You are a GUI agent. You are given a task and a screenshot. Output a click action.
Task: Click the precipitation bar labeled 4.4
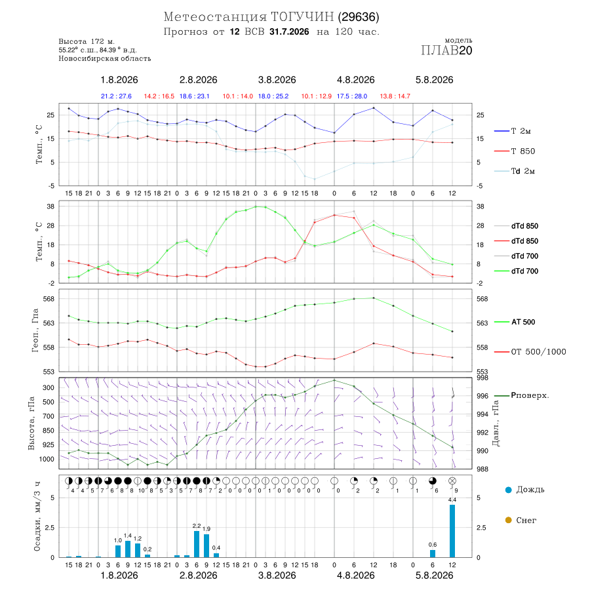[452, 531]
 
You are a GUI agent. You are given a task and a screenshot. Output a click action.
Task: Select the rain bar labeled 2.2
[197, 544]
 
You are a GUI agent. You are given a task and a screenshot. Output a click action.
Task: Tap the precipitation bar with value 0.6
[433, 553]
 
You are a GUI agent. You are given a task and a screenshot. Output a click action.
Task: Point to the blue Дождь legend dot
[508, 490]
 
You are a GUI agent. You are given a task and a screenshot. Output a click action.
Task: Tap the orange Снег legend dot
[508, 520]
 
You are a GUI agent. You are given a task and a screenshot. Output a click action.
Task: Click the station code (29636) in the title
[358, 17]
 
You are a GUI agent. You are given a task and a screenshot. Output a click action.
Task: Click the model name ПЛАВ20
[446, 50]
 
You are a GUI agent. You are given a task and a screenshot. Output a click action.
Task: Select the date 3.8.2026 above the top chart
[277, 80]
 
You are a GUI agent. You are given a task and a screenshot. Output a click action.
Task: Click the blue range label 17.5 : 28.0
[352, 96]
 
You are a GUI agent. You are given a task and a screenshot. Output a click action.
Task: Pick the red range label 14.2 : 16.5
[159, 96]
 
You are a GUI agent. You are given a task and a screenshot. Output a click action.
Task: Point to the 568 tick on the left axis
[49, 299]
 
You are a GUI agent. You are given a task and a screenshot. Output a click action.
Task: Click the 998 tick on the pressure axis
[482, 378]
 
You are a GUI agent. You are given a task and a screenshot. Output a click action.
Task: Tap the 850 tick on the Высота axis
[48, 431]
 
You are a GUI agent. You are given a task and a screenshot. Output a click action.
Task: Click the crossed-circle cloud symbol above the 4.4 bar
[452, 481]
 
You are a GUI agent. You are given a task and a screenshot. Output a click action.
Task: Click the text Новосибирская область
[105, 58]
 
